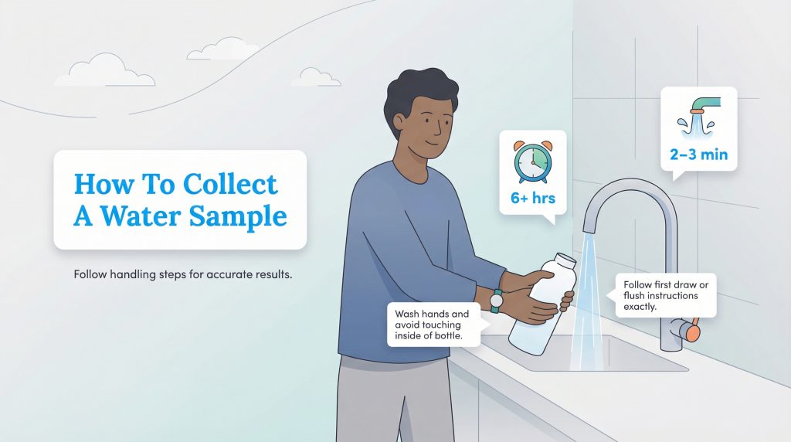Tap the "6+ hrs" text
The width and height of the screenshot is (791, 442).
[x=532, y=199]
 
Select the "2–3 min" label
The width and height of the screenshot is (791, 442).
[x=698, y=155]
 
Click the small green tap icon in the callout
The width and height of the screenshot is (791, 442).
[x=697, y=111]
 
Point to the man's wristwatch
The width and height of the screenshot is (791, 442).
[x=496, y=299]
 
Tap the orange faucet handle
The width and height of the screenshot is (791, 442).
[x=693, y=331]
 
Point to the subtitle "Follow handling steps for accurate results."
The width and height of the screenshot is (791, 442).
[x=182, y=274]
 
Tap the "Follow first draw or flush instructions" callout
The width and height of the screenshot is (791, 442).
[x=665, y=295]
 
